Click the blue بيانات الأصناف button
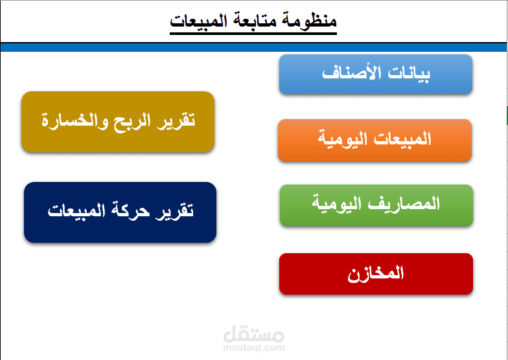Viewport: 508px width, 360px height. coord(376,74)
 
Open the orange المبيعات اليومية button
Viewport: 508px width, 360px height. coord(375,140)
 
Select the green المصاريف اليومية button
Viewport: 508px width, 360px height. coord(376,205)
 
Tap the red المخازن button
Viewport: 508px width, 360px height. coord(376,274)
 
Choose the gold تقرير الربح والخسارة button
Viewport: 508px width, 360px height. coord(118,122)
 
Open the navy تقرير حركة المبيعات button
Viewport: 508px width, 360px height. coord(120,212)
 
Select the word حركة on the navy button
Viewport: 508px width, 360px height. coord(130,212)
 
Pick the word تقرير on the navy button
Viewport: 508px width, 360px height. coord(176,212)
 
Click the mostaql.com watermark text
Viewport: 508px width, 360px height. coord(253,348)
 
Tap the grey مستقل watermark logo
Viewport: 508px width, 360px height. coord(253,335)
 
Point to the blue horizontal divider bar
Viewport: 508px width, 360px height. coord(253,47)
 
